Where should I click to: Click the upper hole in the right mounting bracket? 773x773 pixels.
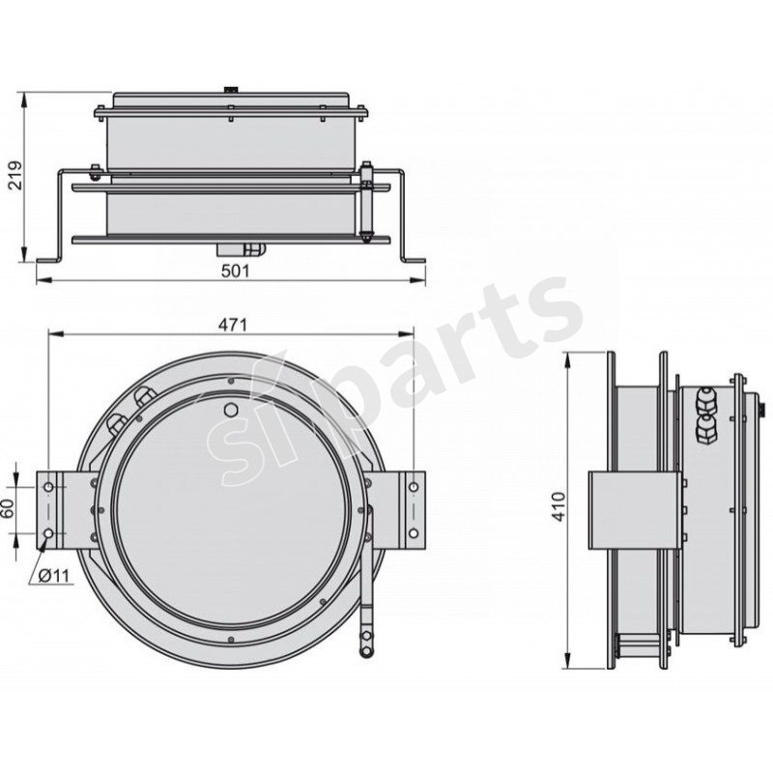413,487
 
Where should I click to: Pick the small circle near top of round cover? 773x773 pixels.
231,410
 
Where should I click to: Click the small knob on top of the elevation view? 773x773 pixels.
233,90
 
